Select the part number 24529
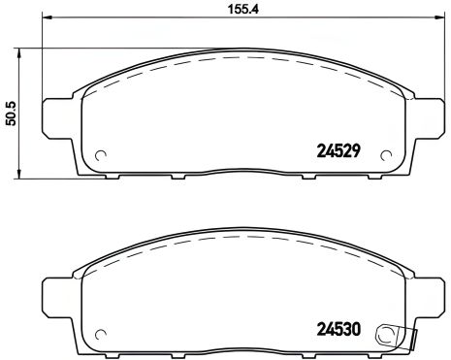tap(340, 151)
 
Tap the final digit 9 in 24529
tap(358, 151)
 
